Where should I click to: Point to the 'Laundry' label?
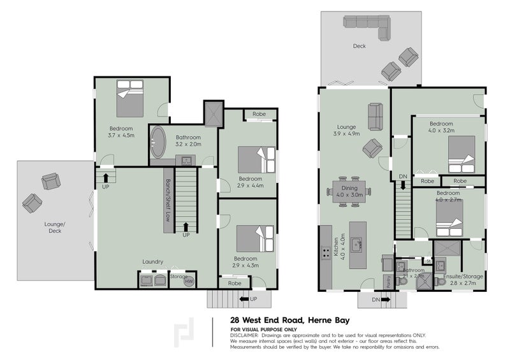coord(153,262)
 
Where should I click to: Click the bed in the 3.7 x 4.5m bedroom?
coord(130,97)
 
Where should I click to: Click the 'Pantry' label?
coord(387,280)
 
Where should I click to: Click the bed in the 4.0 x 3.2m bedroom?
coord(460,155)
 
